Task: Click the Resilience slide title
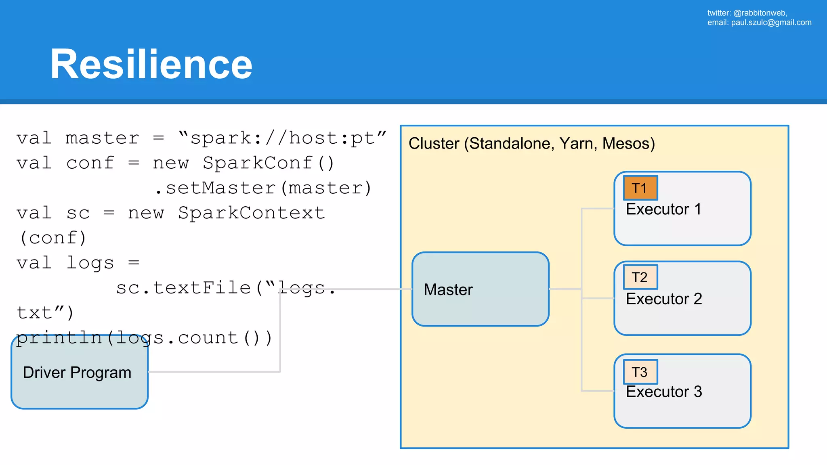click(151, 65)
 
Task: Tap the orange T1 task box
click(640, 188)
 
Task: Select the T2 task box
click(640, 277)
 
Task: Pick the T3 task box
click(640, 372)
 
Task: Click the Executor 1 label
click(663, 209)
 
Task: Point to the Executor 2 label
click(663, 299)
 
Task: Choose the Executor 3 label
click(663, 392)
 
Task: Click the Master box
click(480, 289)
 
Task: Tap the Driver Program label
click(77, 373)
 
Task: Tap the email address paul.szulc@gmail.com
click(771, 23)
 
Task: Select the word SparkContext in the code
click(251, 213)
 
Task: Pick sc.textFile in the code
click(183, 288)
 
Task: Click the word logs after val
click(90, 263)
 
